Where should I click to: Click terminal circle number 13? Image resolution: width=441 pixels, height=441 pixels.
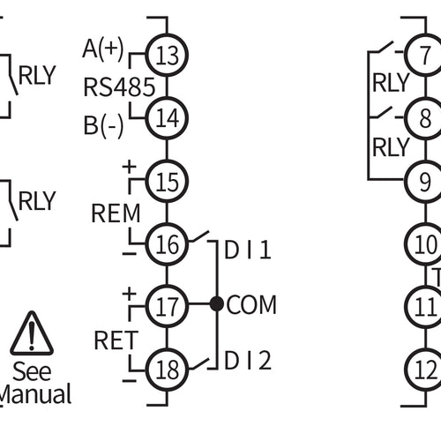pyautogui.click(x=167, y=56)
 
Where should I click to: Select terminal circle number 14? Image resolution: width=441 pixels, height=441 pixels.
pyautogui.click(x=167, y=116)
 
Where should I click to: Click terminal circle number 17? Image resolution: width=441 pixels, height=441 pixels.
pyautogui.click(x=167, y=305)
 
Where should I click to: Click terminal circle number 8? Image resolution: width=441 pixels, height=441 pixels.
pyautogui.click(x=425, y=117)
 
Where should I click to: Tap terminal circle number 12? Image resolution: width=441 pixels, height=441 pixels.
pyautogui.click(x=425, y=365)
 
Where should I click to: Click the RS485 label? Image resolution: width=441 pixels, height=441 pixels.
pyautogui.click(x=119, y=86)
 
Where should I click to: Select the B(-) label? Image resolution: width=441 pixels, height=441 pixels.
pyautogui.click(x=104, y=124)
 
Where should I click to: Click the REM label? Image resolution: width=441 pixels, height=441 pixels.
pyautogui.click(x=115, y=213)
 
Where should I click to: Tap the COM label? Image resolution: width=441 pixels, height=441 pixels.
pyautogui.click(x=251, y=305)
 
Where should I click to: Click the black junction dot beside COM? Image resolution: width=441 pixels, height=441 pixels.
pyautogui.click(x=216, y=305)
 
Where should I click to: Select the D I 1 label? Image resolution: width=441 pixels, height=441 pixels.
pyautogui.click(x=248, y=251)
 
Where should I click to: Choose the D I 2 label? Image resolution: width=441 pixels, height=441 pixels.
pyautogui.click(x=248, y=360)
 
